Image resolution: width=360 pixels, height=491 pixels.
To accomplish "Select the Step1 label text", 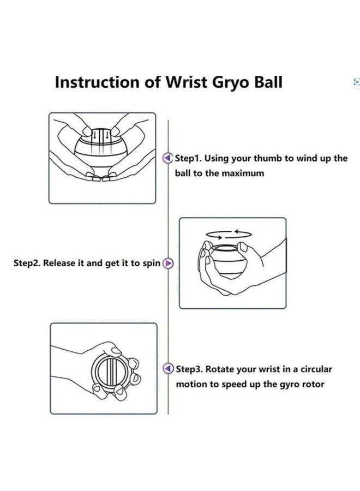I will click(x=188, y=159).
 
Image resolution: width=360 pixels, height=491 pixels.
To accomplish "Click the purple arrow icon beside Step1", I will click(x=169, y=159).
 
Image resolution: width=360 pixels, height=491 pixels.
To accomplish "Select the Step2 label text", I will click(x=27, y=263).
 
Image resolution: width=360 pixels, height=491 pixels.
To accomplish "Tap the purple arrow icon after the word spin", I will click(x=169, y=264).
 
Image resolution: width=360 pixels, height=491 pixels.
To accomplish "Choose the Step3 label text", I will click(x=189, y=369).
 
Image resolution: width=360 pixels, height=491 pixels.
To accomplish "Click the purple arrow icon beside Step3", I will click(x=169, y=369).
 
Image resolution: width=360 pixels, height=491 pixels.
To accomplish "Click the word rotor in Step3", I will click(x=313, y=384).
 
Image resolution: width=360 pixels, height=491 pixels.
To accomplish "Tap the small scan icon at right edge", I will click(x=357, y=82).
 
